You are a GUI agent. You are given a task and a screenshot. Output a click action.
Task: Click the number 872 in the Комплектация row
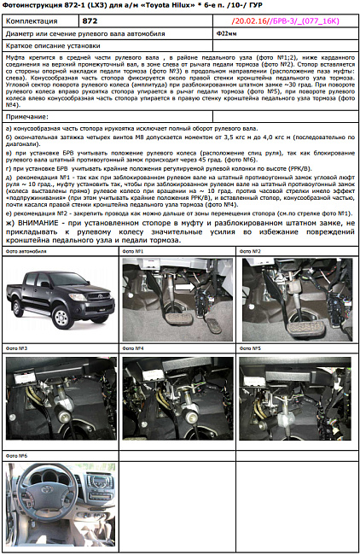point(91,19)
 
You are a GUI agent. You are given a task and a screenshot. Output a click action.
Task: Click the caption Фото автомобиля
point(26,252)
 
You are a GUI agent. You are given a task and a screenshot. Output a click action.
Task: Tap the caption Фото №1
point(132,252)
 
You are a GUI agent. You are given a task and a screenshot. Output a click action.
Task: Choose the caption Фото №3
point(17,349)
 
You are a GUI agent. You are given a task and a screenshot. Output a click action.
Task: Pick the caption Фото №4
point(132,349)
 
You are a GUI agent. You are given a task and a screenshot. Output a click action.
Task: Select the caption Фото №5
point(249,349)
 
